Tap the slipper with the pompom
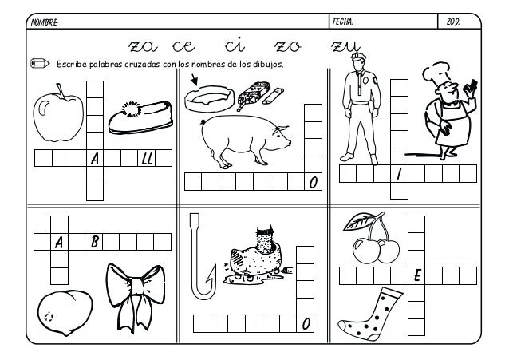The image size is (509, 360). [141, 117]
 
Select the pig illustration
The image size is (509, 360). [245, 140]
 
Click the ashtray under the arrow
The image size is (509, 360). [209, 98]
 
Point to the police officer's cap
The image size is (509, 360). [358, 57]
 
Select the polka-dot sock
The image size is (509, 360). [370, 315]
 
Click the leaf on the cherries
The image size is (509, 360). [359, 221]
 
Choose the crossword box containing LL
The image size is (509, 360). [147, 158]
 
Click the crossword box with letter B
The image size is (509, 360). [94, 242]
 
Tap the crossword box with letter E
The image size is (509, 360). [416, 276]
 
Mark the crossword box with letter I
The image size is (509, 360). [399, 174]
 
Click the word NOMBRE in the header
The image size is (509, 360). [45, 22]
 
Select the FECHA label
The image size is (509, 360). [342, 22]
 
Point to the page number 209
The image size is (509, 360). [453, 22]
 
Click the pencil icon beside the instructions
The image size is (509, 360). [40, 63]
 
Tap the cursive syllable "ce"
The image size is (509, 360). [183, 46]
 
